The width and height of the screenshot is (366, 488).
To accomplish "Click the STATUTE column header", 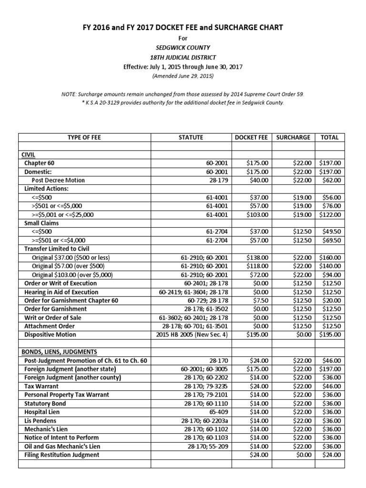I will click(191, 137).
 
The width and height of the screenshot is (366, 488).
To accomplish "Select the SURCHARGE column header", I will click(293, 137).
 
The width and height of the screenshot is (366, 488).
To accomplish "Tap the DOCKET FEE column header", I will click(252, 137).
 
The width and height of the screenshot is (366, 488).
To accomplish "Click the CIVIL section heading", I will click(29, 154).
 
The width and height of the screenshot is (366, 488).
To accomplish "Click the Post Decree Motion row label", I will click(58, 180).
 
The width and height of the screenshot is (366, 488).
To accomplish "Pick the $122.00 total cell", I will click(330, 214).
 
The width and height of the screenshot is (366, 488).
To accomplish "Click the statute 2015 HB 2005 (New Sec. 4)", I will click(193, 335).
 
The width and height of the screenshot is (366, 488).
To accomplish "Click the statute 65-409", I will click(219, 412).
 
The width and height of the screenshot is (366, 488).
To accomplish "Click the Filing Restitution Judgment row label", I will click(62, 455).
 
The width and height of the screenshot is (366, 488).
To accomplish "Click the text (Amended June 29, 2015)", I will click(183, 76).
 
